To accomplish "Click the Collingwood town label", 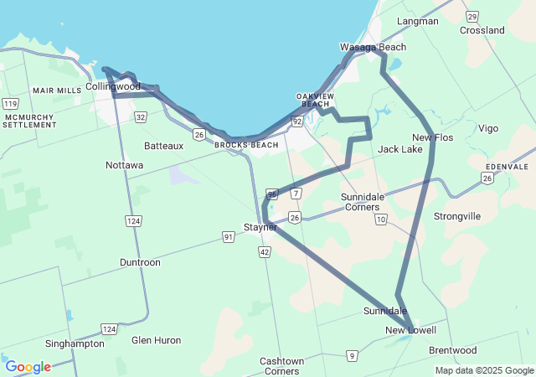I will (113, 86).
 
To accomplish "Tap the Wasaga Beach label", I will (373, 47).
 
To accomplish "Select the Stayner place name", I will (260, 227).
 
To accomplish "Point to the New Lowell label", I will (410, 330).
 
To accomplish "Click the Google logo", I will (28, 367).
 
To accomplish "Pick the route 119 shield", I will (10, 103).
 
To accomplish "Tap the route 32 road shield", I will (141, 117).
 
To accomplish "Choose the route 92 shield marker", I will (297, 121).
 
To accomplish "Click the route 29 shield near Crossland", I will (473, 16).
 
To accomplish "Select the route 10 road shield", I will (381, 219).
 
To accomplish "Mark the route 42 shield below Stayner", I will (265, 251).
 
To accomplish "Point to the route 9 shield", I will (353, 356).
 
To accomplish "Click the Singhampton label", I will (75, 343).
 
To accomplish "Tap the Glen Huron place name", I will (156, 340).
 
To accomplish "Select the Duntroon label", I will (140, 262).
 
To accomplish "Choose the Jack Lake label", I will (400, 149).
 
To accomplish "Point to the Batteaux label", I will (163, 146).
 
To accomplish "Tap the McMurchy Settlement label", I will (30, 120).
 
